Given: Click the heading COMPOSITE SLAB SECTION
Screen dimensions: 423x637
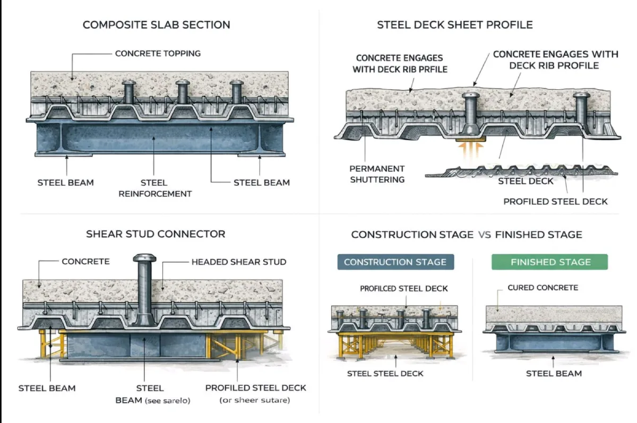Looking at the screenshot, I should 157,25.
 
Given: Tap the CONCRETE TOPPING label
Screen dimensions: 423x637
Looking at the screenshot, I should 158,53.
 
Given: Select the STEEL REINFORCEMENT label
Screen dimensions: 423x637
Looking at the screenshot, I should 155,188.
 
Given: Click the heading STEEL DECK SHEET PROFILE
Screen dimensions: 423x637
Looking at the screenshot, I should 455,25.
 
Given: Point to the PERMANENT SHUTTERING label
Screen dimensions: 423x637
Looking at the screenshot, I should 377,174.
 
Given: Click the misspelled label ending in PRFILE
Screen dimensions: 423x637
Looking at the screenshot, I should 399,64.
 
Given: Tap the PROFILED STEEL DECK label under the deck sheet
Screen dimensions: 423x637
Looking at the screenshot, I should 555,201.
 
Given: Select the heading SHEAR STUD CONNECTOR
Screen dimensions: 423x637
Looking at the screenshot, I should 156,234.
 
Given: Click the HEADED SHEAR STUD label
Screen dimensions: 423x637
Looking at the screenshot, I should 238,262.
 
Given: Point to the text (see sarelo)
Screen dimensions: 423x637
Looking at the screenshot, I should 168,400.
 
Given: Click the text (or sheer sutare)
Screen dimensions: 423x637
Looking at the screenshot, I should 255,400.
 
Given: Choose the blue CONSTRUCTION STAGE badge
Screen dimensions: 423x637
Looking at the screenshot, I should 395,262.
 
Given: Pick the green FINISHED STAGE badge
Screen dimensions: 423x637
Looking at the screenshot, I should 550,262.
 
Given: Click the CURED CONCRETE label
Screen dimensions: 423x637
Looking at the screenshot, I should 543,288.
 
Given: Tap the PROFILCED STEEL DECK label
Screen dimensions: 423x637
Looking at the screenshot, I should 404,289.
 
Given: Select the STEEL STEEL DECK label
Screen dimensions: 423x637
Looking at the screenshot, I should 385,374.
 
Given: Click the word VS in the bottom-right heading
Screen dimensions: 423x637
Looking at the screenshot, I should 484,235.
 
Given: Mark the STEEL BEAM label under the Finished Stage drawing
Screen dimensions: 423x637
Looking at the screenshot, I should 554,374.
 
